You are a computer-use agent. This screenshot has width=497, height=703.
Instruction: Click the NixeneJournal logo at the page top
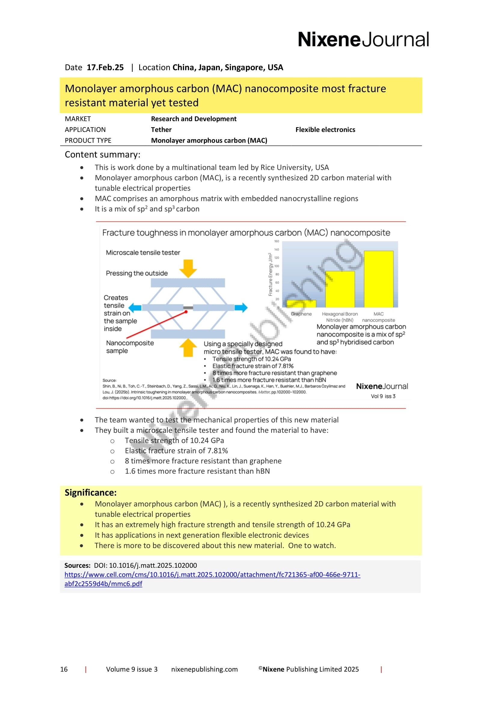click(363, 39)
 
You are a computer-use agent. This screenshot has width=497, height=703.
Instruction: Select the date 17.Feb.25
click(105, 67)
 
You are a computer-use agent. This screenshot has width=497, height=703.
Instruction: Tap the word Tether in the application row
click(161, 130)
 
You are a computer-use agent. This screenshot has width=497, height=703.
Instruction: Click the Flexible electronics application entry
click(325, 130)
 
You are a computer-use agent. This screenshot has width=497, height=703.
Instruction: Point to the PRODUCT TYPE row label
click(88, 140)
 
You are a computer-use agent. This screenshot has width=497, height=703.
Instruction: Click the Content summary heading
click(102, 154)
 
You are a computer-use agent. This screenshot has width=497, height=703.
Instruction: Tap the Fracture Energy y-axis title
click(270, 274)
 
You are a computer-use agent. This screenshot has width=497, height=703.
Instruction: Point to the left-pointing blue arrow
click(135, 307)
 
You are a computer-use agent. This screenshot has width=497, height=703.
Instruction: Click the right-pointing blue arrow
click(241, 307)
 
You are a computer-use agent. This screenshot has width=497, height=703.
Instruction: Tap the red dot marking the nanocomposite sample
click(186, 312)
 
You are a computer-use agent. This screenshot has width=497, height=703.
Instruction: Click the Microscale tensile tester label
click(143, 252)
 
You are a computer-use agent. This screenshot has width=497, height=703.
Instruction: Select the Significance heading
click(90, 492)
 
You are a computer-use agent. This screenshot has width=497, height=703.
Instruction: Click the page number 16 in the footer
click(64, 669)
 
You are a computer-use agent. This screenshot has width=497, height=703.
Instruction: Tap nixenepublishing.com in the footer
click(204, 669)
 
